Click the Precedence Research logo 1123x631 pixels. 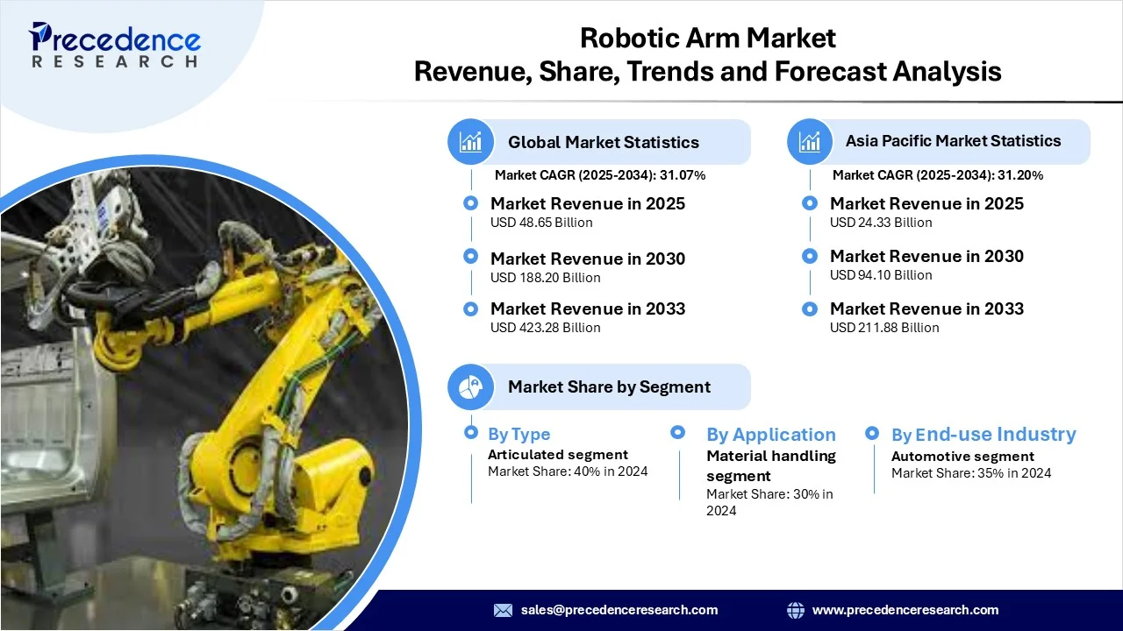[114, 45]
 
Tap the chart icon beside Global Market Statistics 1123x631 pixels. [471, 142]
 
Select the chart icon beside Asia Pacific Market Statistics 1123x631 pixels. [810, 142]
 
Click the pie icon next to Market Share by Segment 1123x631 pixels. [471, 387]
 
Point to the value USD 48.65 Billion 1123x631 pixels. [541, 223]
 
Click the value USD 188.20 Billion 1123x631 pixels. [546, 278]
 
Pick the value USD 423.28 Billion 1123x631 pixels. [546, 328]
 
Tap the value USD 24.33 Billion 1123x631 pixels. [881, 223]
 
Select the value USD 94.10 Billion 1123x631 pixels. [881, 275]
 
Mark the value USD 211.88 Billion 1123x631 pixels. [884, 328]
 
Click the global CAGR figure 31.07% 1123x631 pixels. [683, 175]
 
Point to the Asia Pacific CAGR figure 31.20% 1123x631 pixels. [1020, 175]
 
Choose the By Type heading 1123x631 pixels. [519, 434]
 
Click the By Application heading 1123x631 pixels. [771, 435]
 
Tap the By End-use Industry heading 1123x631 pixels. [984, 434]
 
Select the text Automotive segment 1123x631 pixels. [962, 457]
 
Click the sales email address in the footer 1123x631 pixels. [619, 610]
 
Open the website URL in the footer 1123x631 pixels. [905, 610]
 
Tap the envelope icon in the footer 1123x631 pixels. [503, 610]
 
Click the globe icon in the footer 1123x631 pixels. [796, 610]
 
